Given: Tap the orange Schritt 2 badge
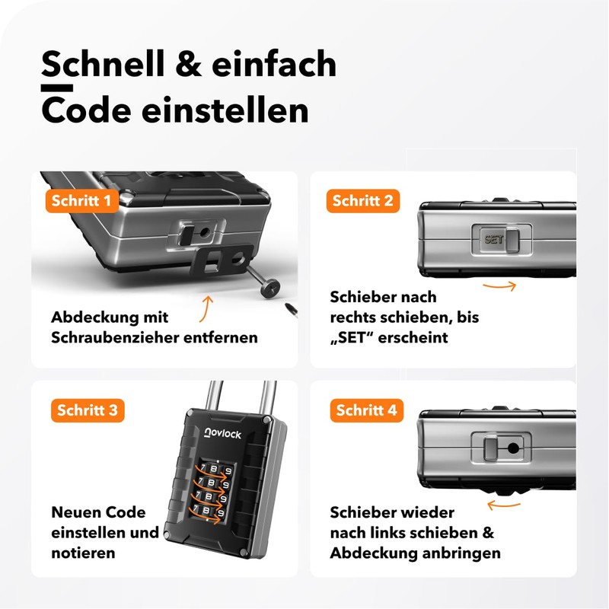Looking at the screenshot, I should click(362, 201).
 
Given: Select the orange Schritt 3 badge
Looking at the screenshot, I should click(87, 410).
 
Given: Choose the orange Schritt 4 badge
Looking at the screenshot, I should click(366, 410).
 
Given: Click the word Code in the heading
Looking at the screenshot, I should click(84, 110).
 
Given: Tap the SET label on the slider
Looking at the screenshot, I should click(493, 239).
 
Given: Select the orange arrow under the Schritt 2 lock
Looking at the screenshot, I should click(499, 286).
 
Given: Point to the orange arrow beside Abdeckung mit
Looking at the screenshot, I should click(205, 309).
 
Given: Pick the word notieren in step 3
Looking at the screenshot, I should click(83, 553).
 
